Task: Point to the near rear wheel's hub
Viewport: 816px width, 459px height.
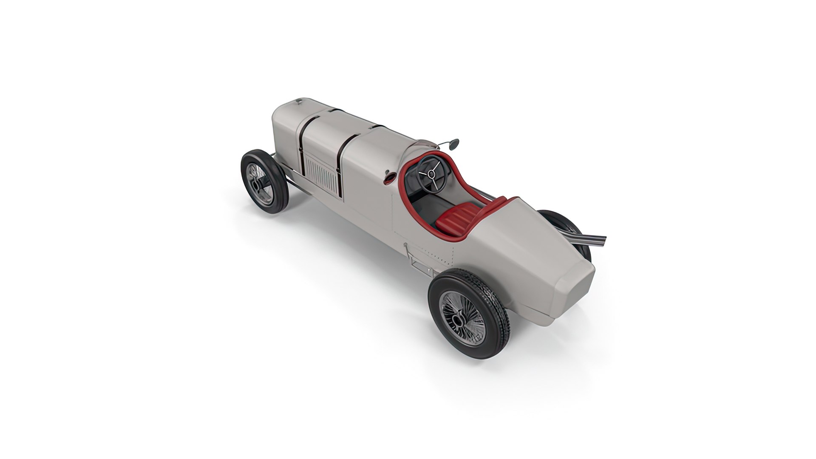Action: coord(459,319)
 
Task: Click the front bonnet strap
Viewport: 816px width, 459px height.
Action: coord(301,144)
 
